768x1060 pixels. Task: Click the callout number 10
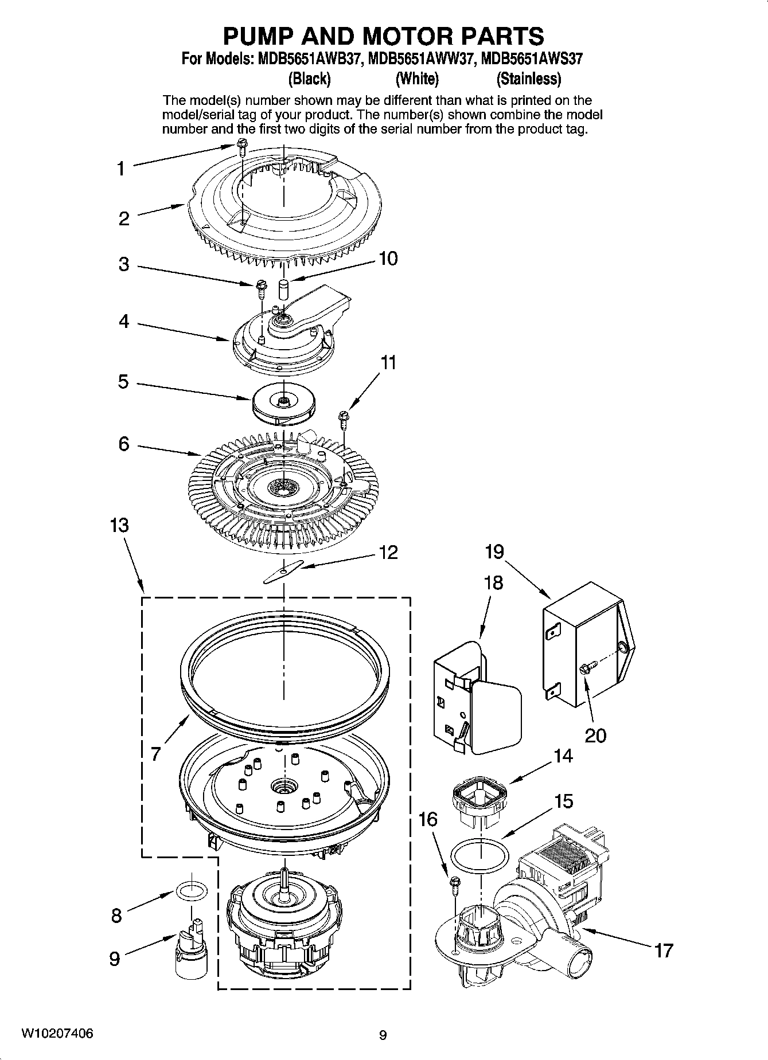click(388, 259)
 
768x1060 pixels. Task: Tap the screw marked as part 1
click(241, 147)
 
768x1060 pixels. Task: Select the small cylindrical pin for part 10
click(282, 288)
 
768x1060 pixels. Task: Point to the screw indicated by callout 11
click(344, 419)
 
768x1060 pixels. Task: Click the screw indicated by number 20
click(588, 667)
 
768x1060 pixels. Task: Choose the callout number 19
click(494, 551)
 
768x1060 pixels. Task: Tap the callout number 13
click(119, 525)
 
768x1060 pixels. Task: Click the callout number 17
click(663, 951)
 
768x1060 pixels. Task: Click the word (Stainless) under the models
click(528, 79)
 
